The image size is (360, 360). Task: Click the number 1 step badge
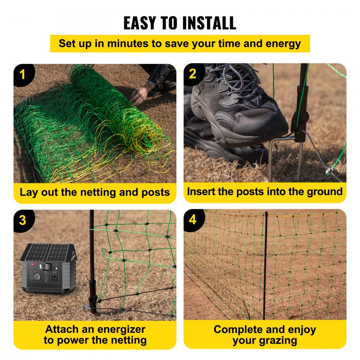(23, 75)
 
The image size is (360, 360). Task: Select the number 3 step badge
(23, 220)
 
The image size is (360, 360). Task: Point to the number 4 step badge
(193, 220)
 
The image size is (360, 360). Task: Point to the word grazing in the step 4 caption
(279, 341)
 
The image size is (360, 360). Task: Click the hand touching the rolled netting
(139, 95)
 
